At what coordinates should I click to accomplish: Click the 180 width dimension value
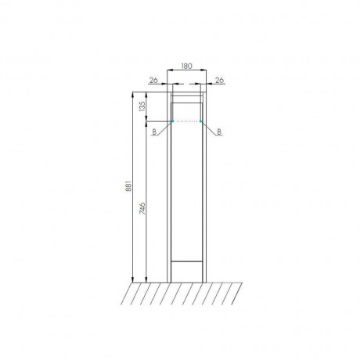pyautogui.click(x=186, y=66)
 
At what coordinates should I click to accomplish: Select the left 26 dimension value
pyautogui.click(x=153, y=80)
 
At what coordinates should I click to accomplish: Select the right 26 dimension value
pyautogui.click(x=220, y=80)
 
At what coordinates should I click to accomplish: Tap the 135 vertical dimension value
pyautogui.click(x=142, y=106)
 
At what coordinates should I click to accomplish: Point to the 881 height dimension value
pyautogui.click(x=129, y=186)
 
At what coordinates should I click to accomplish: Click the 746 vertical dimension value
pyautogui.click(x=142, y=208)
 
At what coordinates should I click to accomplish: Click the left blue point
pyautogui.click(x=173, y=121)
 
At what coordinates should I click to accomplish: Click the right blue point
pyautogui.click(x=200, y=121)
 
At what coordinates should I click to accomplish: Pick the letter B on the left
pyautogui.click(x=154, y=132)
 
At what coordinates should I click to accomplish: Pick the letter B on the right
pyautogui.click(x=219, y=132)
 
